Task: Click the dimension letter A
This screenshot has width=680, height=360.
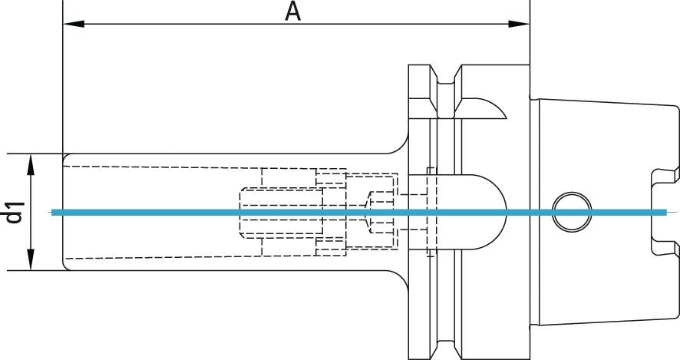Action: tap(292, 12)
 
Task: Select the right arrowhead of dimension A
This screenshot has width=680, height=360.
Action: tap(523, 25)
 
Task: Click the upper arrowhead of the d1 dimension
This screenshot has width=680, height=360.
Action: tap(31, 160)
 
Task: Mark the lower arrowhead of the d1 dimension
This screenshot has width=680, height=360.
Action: tap(31, 263)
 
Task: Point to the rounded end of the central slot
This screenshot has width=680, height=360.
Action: tap(496, 212)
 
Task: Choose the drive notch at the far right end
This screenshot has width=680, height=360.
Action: tap(660, 212)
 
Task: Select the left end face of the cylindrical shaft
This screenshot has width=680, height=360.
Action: tap(63, 212)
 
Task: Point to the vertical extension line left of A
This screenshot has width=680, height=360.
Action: tap(62, 77)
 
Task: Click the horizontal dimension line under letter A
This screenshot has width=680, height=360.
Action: tap(192, 25)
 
